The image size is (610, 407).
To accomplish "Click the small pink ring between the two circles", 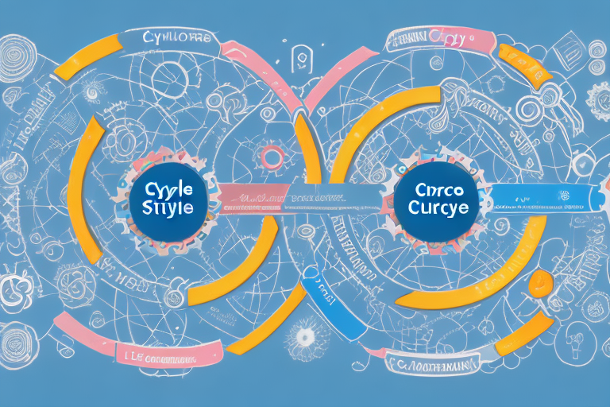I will [x=272, y=157].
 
